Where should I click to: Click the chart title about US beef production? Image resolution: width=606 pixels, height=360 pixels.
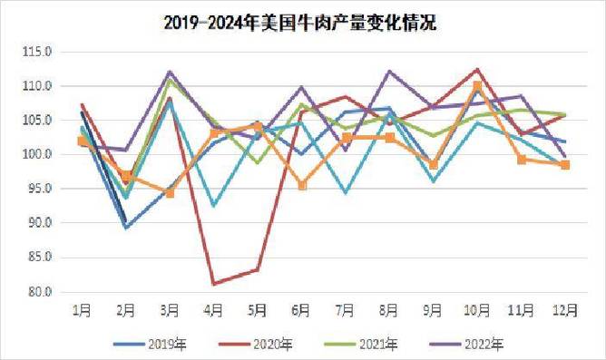301,22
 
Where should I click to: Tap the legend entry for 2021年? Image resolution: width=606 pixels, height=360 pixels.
373,344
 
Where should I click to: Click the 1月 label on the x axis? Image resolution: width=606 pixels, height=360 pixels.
82,311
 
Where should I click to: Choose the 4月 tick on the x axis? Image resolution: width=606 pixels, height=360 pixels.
214,311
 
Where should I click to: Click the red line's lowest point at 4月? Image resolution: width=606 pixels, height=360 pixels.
214,284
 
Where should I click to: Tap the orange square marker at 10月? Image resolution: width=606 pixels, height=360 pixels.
478,86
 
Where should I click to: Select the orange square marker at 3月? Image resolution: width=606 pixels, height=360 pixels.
170,193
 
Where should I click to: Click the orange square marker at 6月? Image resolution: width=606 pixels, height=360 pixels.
302,186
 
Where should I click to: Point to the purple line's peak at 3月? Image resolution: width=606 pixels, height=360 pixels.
170,72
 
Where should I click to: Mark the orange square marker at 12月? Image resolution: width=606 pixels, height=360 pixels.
565,165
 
